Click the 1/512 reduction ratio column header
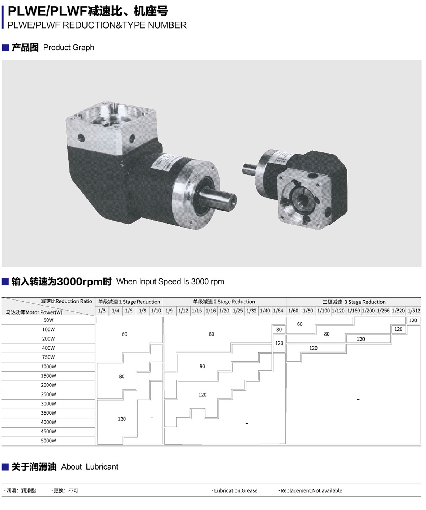414,311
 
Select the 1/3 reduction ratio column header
102,311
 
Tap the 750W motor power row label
48,357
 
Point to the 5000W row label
48,441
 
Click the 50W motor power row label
48,320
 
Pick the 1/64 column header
278,311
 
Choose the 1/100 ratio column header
323,311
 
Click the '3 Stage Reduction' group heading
365,302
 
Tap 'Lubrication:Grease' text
235,490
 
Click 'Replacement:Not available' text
311,490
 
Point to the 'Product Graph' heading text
69,48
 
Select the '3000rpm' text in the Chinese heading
80,282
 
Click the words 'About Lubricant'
90,467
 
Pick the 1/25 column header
238,311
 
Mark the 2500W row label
48,394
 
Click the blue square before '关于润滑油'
5,467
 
